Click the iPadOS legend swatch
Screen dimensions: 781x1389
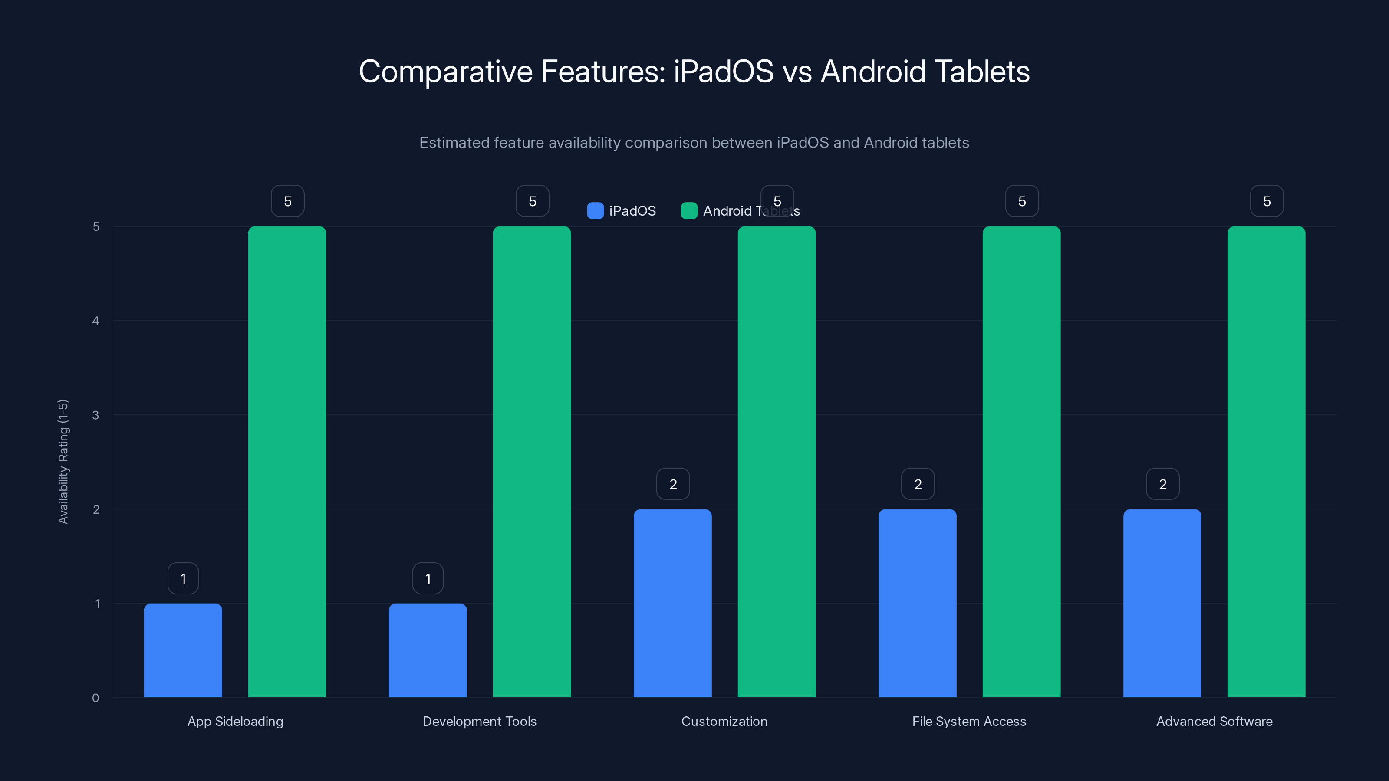595,211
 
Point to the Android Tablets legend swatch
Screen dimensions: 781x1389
689,211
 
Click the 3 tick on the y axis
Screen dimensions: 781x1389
95,415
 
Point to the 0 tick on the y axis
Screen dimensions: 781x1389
95,698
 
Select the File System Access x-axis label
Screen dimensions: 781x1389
969,721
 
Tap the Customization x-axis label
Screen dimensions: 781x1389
724,721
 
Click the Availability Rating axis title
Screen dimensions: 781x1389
63,461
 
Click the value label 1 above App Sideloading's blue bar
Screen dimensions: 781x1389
183,578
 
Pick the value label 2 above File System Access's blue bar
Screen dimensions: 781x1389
918,484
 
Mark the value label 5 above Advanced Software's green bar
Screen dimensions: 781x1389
1267,201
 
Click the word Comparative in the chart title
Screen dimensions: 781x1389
445,72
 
